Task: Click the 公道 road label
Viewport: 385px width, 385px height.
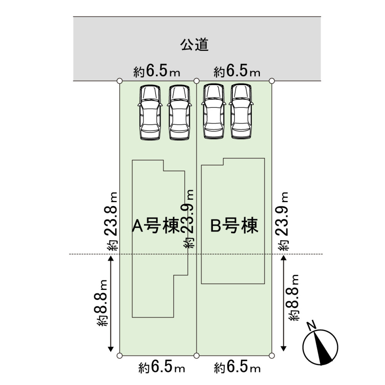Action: click(x=195, y=45)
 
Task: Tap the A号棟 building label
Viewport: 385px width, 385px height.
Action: click(x=156, y=226)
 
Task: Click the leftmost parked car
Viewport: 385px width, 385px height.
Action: click(x=150, y=112)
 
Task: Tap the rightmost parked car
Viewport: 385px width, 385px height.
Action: click(x=241, y=112)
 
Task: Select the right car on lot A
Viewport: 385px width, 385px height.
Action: click(x=180, y=112)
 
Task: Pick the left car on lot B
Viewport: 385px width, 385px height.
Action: click(x=212, y=112)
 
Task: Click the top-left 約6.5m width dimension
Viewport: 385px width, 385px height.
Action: click(x=157, y=72)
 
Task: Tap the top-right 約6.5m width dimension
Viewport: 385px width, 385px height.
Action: click(x=237, y=72)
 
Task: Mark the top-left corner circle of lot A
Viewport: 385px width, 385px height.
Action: click(x=120, y=81)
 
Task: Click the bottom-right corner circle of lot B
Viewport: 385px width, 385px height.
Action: click(x=272, y=355)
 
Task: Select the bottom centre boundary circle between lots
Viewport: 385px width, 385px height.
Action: click(x=197, y=355)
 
